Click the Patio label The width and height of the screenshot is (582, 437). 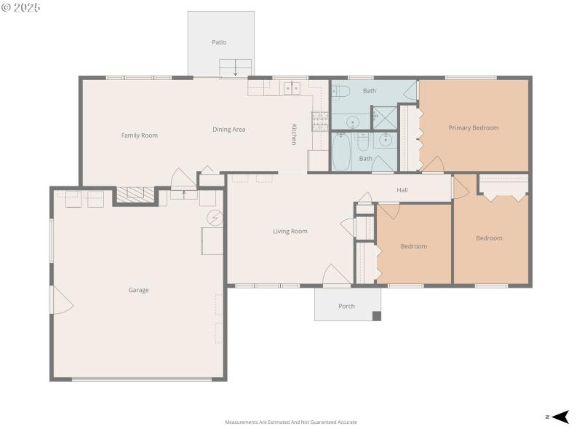pos(219,42)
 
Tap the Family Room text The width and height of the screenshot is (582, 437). pos(139,135)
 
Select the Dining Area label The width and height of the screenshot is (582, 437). pos(228,130)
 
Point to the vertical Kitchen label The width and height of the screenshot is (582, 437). pos(294,133)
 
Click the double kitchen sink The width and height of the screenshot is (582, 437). pos(292,88)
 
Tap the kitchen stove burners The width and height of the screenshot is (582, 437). pos(319,119)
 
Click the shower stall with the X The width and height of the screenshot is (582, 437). pos(384,117)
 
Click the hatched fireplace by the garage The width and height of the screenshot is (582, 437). pos(136,194)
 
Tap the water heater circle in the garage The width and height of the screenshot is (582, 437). pos(215,218)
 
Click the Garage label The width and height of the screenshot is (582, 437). pos(138,290)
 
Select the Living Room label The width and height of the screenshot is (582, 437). pos(290,232)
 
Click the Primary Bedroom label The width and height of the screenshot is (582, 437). pos(474,128)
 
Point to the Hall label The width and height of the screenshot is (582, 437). pos(402,190)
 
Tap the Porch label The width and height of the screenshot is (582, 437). pos(347,306)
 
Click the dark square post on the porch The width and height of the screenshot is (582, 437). pos(376,316)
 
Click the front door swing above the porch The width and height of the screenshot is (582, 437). pos(336,275)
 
